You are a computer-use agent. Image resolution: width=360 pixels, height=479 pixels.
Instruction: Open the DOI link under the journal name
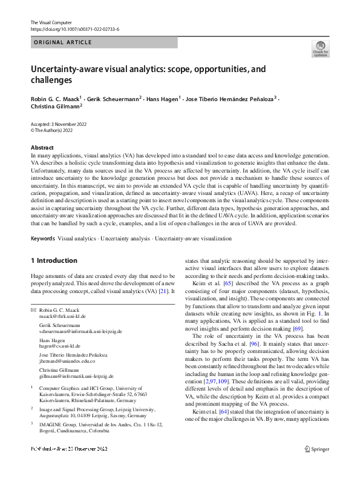[x=74, y=29]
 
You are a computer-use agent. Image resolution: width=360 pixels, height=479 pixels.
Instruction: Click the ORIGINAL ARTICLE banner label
[x=63, y=42]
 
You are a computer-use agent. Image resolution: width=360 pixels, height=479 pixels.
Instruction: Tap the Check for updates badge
[x=320, y=48]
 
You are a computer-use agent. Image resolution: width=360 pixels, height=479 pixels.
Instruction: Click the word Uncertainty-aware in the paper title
[x=66, y=70]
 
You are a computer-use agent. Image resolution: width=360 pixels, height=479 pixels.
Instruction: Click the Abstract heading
[x=42, y=148]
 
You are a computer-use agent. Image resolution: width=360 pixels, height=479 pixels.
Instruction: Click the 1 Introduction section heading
[x=54, y=261]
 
